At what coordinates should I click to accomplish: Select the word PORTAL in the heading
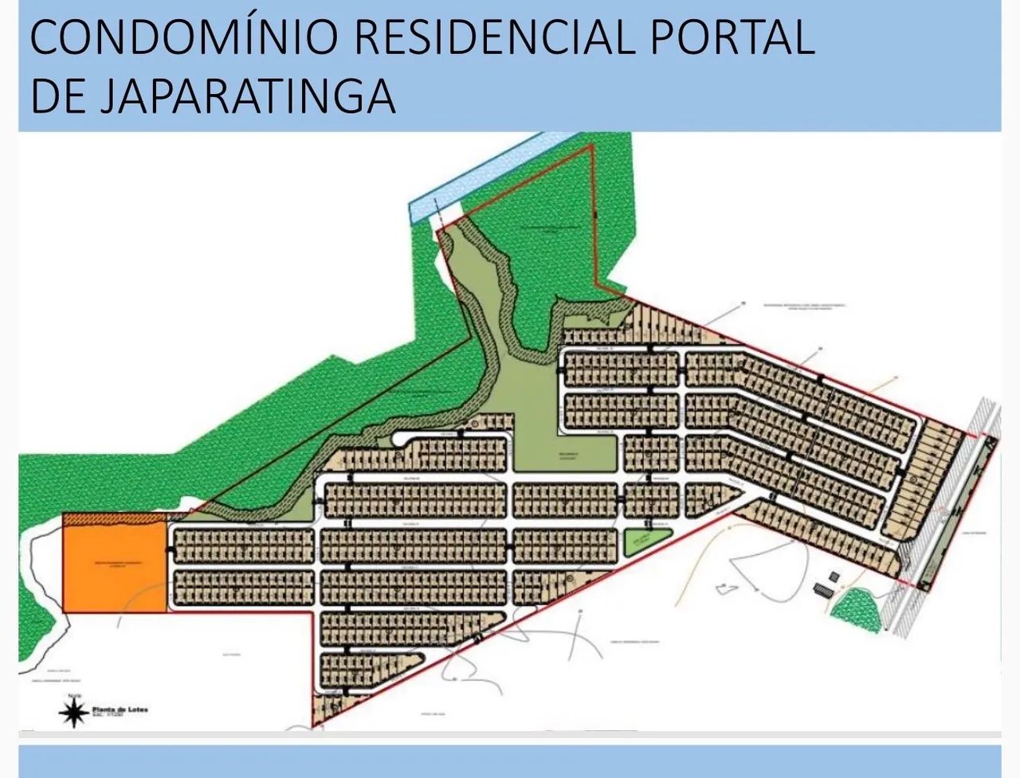pyautogui.click(x=733, y=38)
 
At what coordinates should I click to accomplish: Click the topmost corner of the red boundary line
pyautogui.click(x=591, y=147)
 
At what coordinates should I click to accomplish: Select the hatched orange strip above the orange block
pyautogui.click(x=115, y=518)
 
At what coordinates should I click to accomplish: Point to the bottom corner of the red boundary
pyautogui.click(x=313, y=725)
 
